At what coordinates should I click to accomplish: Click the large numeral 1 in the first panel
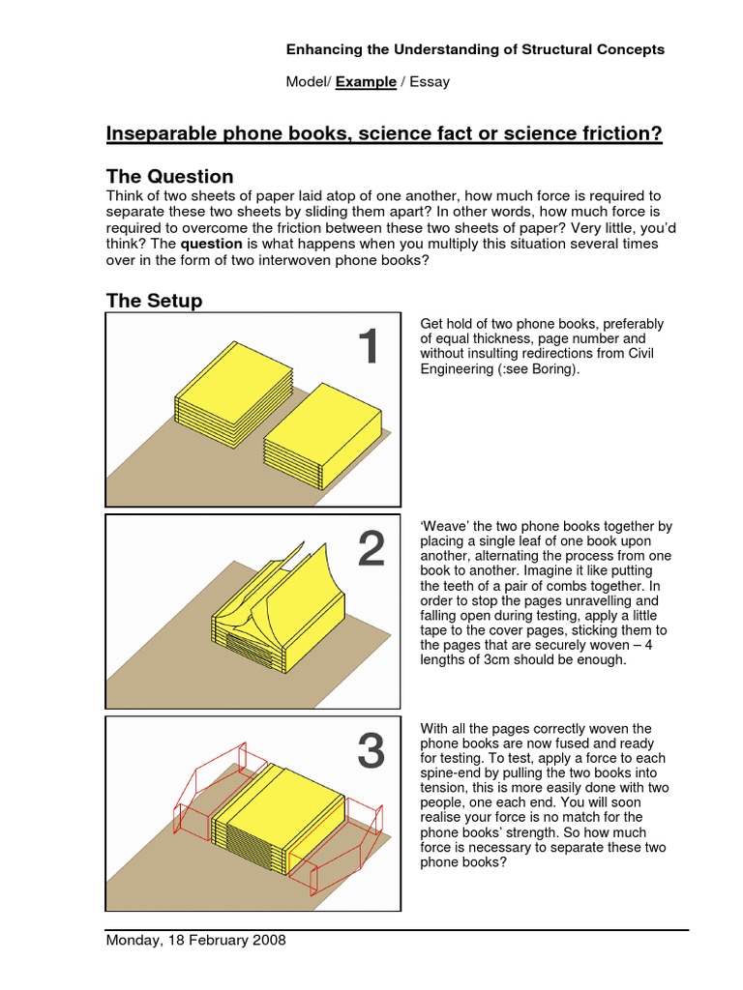click(x=368, y=348)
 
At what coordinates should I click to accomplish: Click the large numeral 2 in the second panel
click(x=371, y=550)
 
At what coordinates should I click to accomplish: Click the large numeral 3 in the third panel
click(x=371, y=752)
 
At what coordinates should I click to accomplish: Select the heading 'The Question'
click(x=169, y=176)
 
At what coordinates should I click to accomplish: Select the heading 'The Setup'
click(x=154, y=301)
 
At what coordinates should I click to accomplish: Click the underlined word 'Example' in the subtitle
click(x=366, y=82)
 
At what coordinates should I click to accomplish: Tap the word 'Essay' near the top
click(x=430, y=82)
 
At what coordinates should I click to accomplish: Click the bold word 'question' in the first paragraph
click(x=212, y=245)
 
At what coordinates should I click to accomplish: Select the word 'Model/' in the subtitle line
click(x=309, y=82)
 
